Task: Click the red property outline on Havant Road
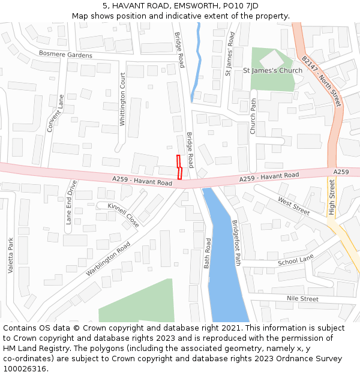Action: click(179, 167)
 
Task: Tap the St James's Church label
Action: click(272, 71)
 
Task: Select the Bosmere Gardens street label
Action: click(65, 55)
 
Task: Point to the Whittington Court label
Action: click(122, 99)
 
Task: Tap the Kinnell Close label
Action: click(123, 215)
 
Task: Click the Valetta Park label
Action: click(11, 256)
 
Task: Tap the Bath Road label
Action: click(208, 253)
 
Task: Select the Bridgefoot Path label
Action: click(236, 242)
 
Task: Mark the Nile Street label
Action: click(302, 298)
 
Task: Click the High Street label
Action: click(332, 196)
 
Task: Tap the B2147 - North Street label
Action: click(321, 82)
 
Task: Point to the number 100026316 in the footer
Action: click(25, 368)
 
